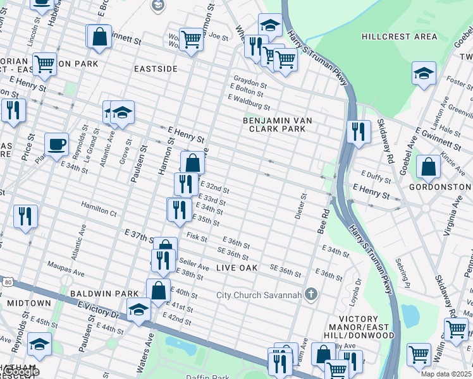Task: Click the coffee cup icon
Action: coord(56,144)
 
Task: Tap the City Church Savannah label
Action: coord(259,295)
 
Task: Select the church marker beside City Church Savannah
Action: coord(310,294)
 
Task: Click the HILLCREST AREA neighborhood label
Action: coord(400,37)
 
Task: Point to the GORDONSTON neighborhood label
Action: coord(439,188)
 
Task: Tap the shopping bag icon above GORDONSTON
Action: coord(428,167)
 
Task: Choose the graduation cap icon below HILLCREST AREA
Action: coord(423,73)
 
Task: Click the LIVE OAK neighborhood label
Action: coord(237,268)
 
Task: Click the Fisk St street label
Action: coord(197,238)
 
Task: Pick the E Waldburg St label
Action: coord(249,102)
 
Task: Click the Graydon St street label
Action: coord(250,81)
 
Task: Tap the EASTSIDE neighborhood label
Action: coord(156,68)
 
